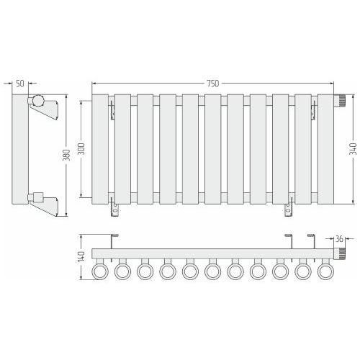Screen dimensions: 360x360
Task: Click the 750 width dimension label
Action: [213, 84]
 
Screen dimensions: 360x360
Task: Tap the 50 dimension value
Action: [20, 84]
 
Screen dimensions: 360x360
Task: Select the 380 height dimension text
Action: [66, 156]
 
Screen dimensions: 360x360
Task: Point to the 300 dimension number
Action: [81, 149]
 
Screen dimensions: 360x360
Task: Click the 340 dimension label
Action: [353, 149]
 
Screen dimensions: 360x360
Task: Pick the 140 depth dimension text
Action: [81, 256]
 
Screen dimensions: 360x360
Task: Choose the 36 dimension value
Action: [339, 239]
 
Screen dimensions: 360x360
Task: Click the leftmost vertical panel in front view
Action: [100, 149]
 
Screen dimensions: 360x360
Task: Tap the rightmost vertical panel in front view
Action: [325, 149]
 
